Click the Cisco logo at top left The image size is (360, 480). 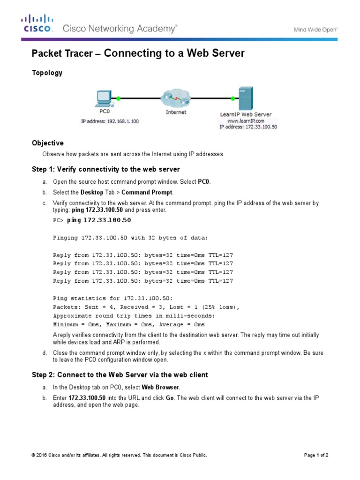click(x=37, y=23)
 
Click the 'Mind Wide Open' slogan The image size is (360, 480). click(x=315, y=29)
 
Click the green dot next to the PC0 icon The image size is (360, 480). click(x=119, y=98)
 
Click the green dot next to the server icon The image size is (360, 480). click(x=232, y=98)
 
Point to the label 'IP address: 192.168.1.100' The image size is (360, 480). click(x=110, y=121)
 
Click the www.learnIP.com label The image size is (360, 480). click(x=246, y=120)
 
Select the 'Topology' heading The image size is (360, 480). click(x=46, y=73)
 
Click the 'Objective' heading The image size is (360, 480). click(x=47, y=143)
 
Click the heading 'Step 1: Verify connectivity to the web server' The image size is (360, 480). click(x=105, y=169)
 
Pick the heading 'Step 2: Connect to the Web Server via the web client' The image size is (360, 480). click(x=120, y=375)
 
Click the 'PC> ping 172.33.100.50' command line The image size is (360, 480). click(x=92, y=220)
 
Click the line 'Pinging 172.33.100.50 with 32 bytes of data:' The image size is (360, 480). click(x=130, y=238)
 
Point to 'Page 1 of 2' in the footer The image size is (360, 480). click(x=316, y=455)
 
